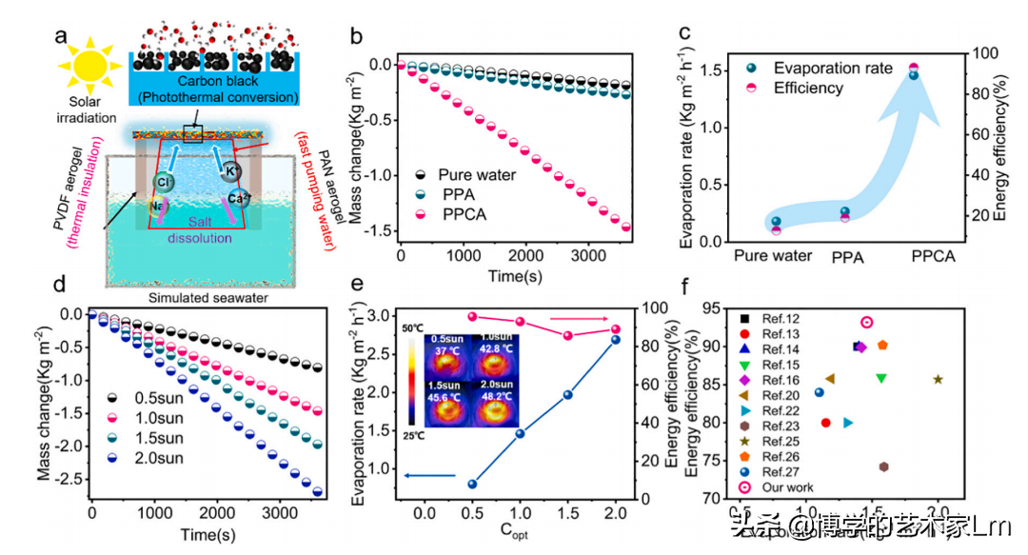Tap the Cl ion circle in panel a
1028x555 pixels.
pos(164,181)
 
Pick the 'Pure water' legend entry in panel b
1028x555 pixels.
pos(476,176)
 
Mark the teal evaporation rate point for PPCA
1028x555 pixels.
pos(914,74)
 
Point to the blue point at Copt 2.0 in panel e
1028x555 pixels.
pos(614,340)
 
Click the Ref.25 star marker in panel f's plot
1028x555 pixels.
pos(939,379)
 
